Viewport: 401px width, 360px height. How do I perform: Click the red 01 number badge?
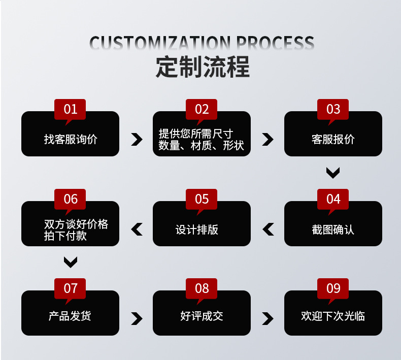70,109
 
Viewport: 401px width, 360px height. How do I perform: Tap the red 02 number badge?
202,109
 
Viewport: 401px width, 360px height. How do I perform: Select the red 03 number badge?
333,109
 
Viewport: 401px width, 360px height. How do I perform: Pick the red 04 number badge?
333,199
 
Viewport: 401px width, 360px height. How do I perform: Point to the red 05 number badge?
202,199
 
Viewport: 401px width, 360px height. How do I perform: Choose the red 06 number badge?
70,199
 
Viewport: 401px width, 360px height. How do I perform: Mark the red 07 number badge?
70,288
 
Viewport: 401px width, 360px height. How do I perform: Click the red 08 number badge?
202,288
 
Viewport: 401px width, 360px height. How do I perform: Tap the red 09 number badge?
333,288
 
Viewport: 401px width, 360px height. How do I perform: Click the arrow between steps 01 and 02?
136,140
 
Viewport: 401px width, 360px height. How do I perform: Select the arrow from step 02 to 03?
268,140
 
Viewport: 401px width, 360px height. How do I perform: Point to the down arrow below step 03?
333,173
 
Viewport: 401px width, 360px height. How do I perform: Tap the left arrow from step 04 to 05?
268,230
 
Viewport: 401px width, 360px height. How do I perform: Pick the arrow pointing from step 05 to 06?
136,230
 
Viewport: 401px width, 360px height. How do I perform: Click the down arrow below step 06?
70,262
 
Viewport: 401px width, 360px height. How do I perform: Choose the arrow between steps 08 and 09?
268,318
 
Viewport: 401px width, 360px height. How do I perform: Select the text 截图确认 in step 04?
333,230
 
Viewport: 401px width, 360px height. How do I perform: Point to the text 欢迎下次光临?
333,316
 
